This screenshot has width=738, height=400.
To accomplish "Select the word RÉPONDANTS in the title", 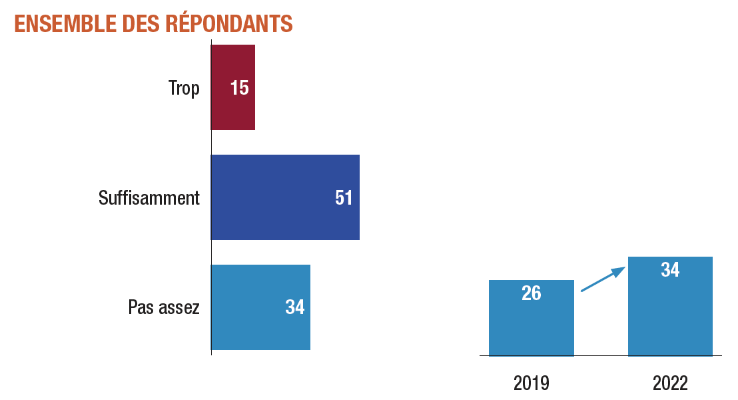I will [228, 23].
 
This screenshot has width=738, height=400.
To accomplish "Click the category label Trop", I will [184, 88].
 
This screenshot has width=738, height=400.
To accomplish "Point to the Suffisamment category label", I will [149, 198].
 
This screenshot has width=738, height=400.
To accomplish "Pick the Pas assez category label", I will [164, 307].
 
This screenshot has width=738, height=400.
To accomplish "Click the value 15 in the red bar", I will [240, 88].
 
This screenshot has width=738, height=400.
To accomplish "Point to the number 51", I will [344, 198].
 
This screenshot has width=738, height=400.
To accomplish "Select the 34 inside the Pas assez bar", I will [295, 307].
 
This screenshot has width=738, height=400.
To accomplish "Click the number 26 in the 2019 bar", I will [532, 293].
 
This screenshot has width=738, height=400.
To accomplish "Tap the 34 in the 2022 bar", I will [670, 270].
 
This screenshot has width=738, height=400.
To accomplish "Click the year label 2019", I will [532, 383].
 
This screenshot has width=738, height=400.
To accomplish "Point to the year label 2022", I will [670, 383].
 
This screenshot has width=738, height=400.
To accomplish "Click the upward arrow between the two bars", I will [603, 279].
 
